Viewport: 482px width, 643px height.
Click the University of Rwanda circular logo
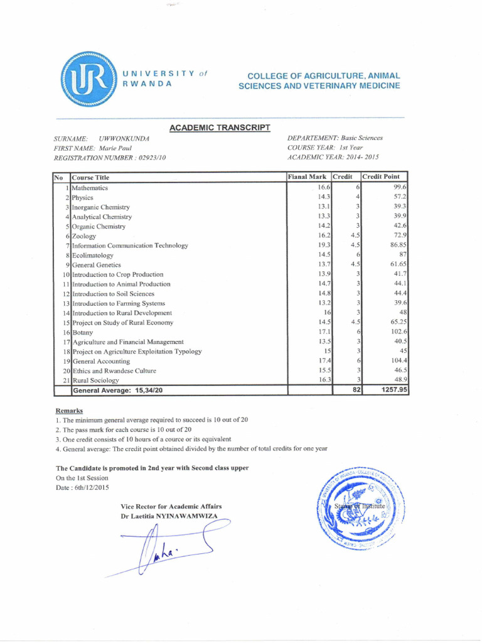click(x=88, y=79)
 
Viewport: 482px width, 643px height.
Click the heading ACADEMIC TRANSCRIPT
click(x=220, y=127)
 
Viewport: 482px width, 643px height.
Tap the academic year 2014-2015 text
click(x=360, y=158)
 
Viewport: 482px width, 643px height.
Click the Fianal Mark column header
click(x=308, y=177)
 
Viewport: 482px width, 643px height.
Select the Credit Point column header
click(x=385, y=177)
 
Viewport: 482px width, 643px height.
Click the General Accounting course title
click(x=101, y=362)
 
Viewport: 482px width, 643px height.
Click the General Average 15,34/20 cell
click(x=119, y=391)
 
